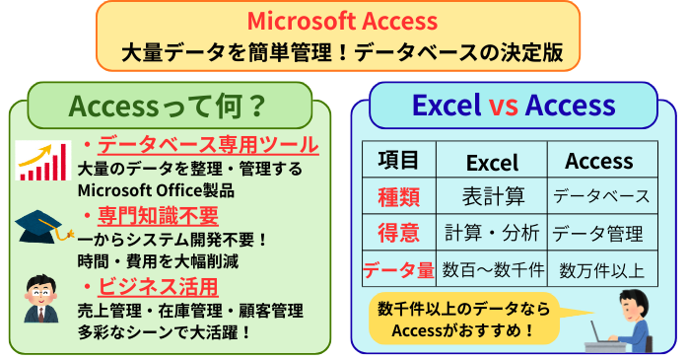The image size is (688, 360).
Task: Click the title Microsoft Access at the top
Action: point(343,20)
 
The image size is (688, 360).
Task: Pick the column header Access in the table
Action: point(598,161)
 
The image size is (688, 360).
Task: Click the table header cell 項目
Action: point(398,161)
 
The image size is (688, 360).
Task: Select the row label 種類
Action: point(398,196)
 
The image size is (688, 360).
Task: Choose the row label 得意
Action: point(398,233)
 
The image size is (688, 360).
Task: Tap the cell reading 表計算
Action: point(491,196)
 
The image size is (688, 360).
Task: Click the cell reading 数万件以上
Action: point(598,269)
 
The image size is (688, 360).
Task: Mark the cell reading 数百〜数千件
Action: point(491,269)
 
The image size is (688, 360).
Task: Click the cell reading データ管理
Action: point(598,234)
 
